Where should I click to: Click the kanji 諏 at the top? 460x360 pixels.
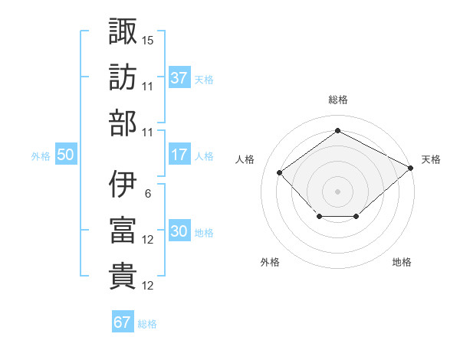click(123, 31)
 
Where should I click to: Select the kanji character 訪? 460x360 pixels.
click(123, 77)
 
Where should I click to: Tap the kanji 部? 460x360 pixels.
click(123, 123)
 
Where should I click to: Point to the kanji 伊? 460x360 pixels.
click(123, 184)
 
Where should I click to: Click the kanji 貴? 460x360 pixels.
click(123, 277)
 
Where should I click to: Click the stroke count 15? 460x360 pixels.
click(147, 41)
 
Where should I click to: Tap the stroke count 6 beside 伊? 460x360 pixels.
click(148, 194)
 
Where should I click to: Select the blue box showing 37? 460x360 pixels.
click(179, 77)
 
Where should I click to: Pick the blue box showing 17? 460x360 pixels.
click(179, 154)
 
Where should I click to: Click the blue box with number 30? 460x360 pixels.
click(179, 230)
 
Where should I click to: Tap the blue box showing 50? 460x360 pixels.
click(66, 154)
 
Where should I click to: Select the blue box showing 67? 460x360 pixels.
click(123, 321)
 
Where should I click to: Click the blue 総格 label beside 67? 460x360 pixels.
click(147, 324)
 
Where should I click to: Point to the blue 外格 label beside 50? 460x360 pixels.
click(41, 156)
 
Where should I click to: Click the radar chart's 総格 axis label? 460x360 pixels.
click(338, 100)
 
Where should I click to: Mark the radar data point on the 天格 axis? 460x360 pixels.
click(411, 168)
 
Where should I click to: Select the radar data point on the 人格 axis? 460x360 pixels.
click(280, 172)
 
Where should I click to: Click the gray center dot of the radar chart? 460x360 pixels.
click(337, 191)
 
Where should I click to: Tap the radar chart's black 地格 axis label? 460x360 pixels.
click(402, 262)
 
